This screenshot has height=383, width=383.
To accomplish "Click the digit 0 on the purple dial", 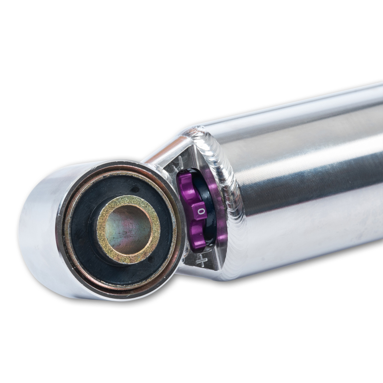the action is pos(201,211).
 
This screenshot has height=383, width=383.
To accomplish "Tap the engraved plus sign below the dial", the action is pos(202,261).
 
